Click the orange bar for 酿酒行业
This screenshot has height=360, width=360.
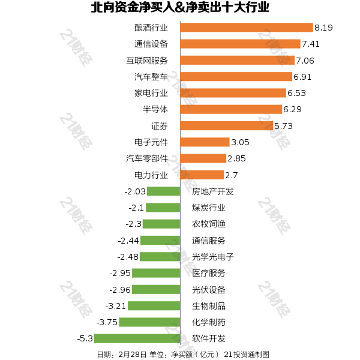(247, 28)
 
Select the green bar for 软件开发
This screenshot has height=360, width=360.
(138, 338)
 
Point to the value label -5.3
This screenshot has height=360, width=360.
(85, 338)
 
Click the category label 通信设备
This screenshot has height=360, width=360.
(151, 44)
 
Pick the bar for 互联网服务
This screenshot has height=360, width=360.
(237, 60)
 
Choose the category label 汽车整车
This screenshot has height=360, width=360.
(151, 77)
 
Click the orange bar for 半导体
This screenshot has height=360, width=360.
(231, 109)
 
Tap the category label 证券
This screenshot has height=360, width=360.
(160, 126)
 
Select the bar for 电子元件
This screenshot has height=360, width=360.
(205, 142)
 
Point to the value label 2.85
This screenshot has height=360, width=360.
(236, 158)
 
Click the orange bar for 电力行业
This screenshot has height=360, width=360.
(202, 175)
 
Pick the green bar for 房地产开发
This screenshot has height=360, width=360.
(164, 191)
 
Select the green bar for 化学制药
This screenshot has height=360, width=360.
(149, 322)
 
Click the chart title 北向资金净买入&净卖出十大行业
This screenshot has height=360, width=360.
(180, 8)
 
